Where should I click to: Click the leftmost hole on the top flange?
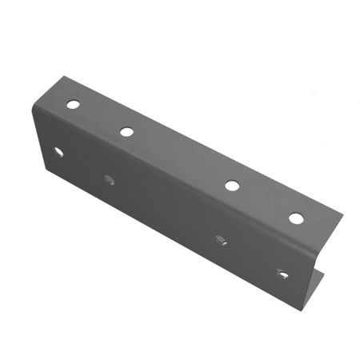(x=74, y=104)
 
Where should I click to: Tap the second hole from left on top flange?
(x=126, y=131)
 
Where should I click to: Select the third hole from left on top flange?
(x=232, y=186)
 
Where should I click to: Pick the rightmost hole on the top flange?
(x=296, y=218)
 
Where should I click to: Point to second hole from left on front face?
(x=110, y=179)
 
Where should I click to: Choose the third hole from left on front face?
(x=221, y=238)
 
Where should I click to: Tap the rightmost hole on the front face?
(x=282, y=274)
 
